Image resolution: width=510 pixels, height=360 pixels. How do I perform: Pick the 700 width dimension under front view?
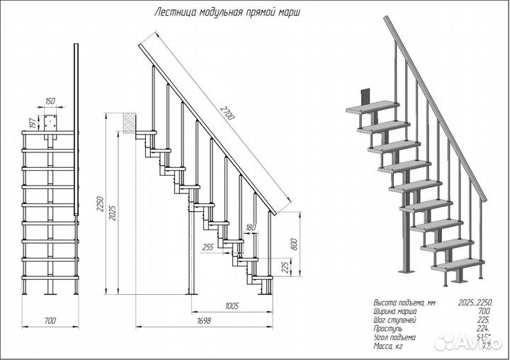point(49,321)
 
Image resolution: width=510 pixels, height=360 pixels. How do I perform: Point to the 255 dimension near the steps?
point(208,247)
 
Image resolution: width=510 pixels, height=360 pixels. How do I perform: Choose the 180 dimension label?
point(250,227)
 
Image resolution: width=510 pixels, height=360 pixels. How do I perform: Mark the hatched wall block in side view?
point(127,123)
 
